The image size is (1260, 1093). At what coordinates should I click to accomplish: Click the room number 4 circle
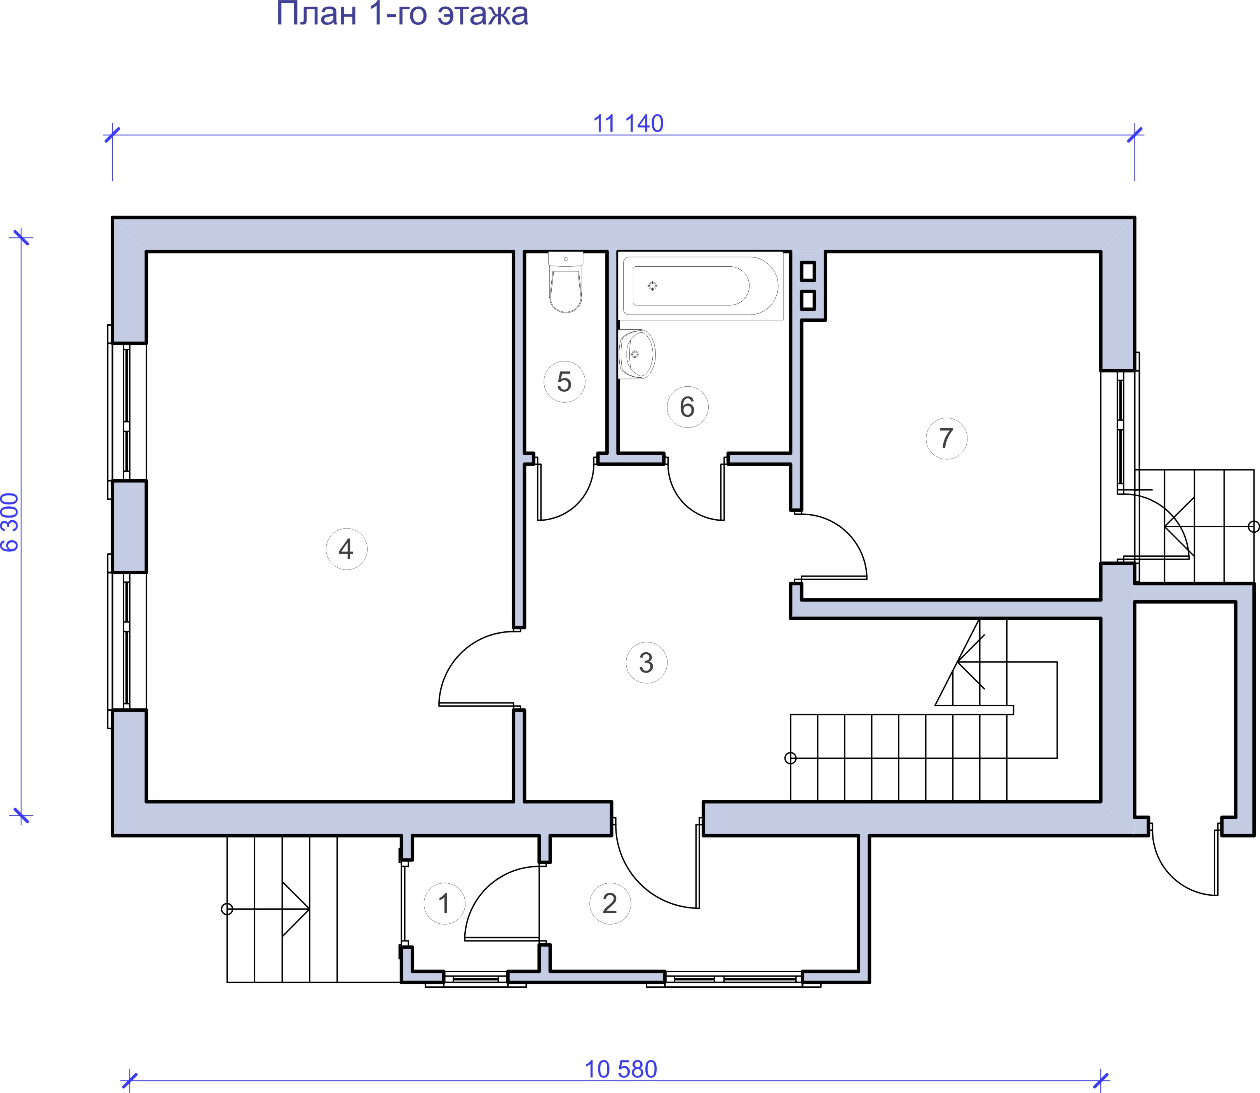347,549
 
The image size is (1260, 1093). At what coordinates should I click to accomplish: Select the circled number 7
946,438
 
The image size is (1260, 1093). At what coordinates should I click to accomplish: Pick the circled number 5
565,382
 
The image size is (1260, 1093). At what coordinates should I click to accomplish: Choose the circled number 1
444,903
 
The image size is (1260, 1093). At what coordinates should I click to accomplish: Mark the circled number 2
610,903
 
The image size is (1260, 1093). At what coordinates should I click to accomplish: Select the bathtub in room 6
701,285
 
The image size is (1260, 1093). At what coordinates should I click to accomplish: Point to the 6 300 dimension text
11,522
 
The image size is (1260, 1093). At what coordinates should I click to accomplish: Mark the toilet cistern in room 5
566,259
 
